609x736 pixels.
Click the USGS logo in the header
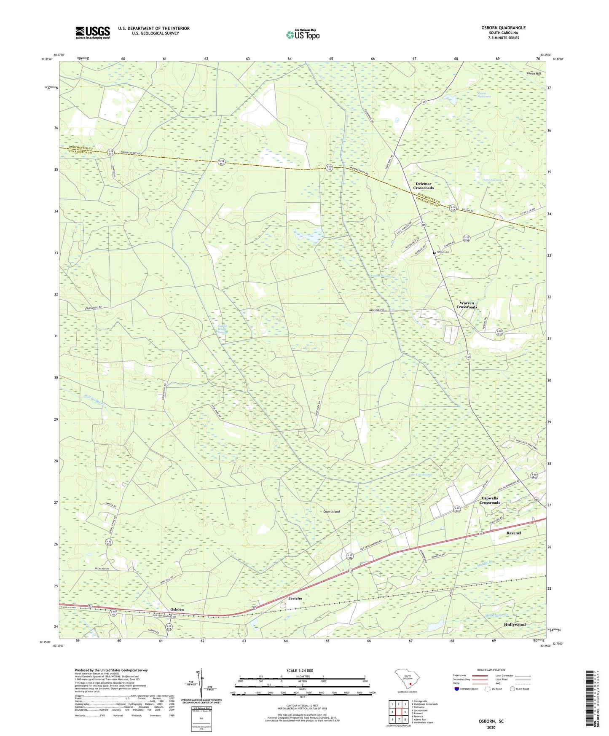tap(93, 32)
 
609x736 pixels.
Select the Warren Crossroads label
tap(467, 305)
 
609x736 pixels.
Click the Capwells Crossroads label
tap(489, 500)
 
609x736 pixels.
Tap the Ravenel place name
tap(513, 533)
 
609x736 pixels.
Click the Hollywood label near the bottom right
tap(515, 624)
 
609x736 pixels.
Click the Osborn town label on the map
tap(177, 610)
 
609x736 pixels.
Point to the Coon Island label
tap(331, 511)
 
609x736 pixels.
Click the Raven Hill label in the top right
tap(533, 73)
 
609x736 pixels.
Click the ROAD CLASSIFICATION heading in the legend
tap(491, 670)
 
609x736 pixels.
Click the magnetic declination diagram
tap(201, 685)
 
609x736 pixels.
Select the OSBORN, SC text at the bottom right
tap(491, 721)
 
